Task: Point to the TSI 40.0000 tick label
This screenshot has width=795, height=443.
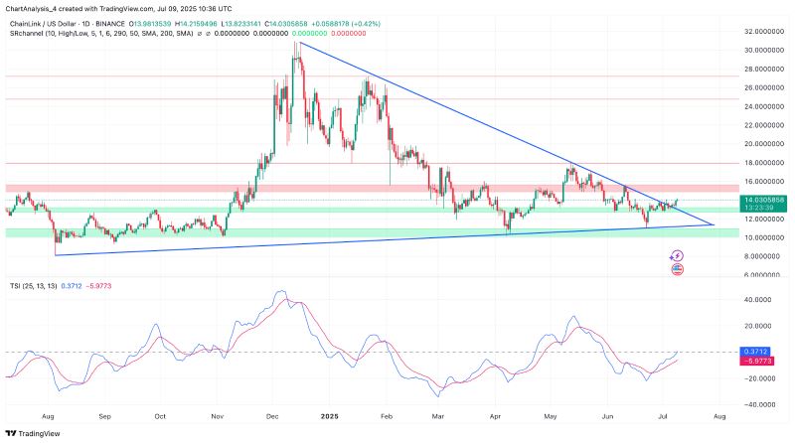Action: click(x=759, y=298)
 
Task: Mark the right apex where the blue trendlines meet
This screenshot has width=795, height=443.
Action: click(x=714, y=224)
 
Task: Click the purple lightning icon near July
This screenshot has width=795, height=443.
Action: click(x=678, y=255)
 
